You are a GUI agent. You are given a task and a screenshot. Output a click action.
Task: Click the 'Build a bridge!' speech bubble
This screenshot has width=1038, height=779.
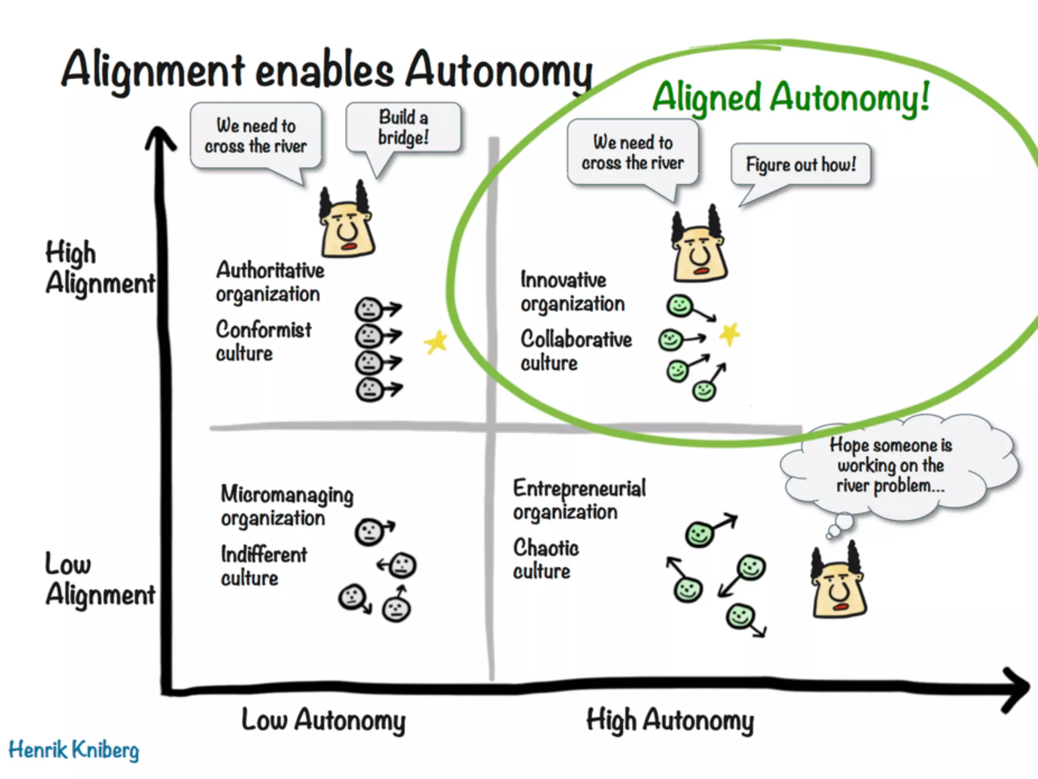[403, 127]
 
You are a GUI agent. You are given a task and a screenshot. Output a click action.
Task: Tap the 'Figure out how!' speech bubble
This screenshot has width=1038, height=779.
[801, 164]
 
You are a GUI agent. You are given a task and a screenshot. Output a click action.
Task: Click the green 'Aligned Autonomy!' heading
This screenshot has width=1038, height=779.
[791, 97]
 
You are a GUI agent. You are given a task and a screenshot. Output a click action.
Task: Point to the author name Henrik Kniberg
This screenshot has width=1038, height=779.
[74, 750]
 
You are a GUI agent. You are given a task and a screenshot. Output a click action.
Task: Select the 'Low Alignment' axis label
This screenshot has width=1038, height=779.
[99, 579]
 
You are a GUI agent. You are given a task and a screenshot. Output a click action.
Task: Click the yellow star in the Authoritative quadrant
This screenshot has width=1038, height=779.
[436, 342]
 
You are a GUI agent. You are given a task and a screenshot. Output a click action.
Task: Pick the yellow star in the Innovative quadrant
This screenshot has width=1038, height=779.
[730, 334]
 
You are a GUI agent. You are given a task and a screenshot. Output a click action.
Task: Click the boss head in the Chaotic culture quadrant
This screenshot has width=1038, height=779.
[837, 583]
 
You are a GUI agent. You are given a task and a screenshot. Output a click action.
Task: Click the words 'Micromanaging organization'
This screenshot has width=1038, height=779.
[287, 506]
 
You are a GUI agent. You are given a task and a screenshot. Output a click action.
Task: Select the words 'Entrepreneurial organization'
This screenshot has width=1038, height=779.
[579, 500]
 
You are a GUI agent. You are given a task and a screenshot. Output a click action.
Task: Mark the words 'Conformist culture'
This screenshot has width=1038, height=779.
[264, 341]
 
